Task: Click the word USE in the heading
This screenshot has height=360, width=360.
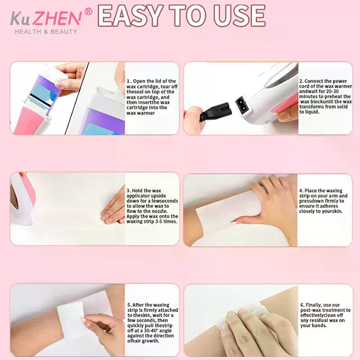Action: tap(239, 15)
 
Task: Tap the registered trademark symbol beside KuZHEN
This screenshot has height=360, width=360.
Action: tap(88, 12)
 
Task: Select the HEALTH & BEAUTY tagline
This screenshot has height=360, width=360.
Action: tap(46, 31)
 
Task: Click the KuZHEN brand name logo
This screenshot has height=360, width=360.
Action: tap(46, 18)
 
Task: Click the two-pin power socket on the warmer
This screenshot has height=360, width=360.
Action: tap(242, 105)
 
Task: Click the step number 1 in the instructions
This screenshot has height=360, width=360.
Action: tap(128, 81)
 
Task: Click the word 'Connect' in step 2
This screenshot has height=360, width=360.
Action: tap(314, 81)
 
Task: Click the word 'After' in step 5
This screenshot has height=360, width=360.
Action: tap(139, 305)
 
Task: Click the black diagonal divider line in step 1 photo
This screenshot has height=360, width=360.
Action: tap(76, 98)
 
